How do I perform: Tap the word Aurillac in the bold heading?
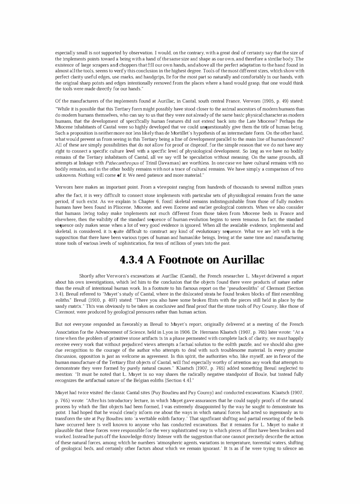click(243, 259)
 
